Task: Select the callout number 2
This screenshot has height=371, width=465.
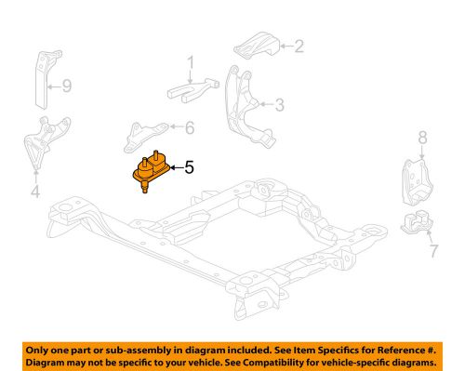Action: [299, 44]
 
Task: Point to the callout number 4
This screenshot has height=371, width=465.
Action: [35, 194]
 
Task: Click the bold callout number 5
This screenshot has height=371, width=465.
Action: [189, 168]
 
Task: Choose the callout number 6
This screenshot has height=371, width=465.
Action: [191, 128]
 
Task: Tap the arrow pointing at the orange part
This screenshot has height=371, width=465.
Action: [172, 168]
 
